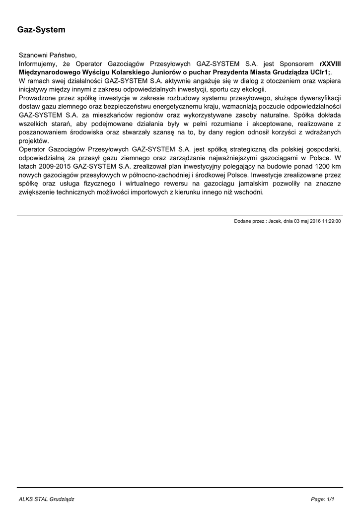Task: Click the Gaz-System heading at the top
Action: (x=42, y=30)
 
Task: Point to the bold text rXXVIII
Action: (x=330, y=63)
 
